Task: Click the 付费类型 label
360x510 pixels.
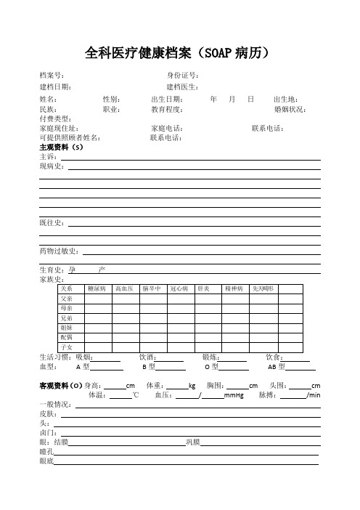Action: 55,118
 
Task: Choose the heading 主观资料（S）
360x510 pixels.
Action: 62,146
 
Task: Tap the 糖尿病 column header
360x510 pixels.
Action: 97,288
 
